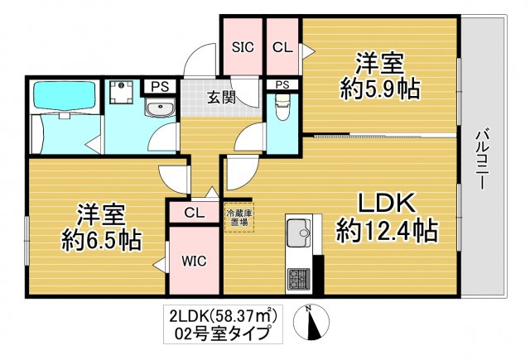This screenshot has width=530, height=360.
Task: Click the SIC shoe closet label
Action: [x=243, y=48]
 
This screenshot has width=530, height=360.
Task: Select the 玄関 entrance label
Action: [x=220, y=96]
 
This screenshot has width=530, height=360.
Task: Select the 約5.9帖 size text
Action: [x=380, y=87]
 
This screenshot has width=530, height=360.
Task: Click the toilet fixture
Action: [x=282, y=105]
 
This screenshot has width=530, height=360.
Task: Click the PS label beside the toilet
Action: [x=282, y=84]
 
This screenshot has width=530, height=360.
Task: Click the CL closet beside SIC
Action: [x=282, y=48]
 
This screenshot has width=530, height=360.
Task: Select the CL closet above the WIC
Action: [x=194, y=213]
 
